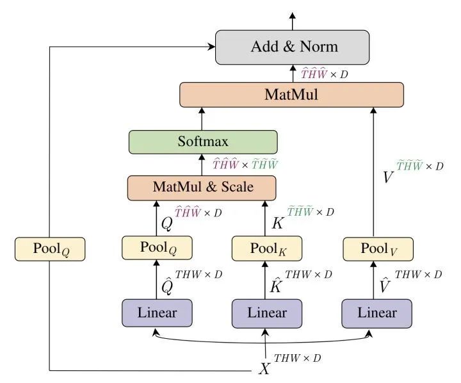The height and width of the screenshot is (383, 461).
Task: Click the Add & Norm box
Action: click(x=292, y=47)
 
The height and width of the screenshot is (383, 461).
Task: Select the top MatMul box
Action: click(x=291, y=95)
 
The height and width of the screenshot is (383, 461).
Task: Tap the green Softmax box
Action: click(x=203, y=142)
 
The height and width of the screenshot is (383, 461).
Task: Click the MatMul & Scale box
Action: click(x=202, y=188)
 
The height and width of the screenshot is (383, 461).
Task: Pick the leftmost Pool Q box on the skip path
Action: click(x=50, y=249)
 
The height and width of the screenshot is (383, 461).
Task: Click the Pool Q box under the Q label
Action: click(x=157, y=248)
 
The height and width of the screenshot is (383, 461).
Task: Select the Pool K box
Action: click(x=267, y=249)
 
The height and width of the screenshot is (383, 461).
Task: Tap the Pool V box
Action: click(x=378, y=249)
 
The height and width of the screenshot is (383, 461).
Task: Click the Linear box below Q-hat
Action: click(x=157, y=313)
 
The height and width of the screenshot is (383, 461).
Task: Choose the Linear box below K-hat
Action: click(x=267, y=314)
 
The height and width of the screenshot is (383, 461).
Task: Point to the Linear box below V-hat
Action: click(x=377, y=314)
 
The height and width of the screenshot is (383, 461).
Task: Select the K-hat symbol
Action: click(x=277, y=285)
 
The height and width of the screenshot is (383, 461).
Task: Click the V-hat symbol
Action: click(x=385, y=285)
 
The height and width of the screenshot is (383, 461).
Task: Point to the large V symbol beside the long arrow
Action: click(x=388, y=177)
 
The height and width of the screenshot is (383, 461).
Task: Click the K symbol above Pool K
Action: click(x=277, y=224)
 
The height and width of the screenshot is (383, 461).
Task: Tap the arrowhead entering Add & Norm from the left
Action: click(x=212, y=47)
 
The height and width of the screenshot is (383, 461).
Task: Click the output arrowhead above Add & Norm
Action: click(x=293, y=17)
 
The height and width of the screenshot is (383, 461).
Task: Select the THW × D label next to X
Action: click(x=298, y=358)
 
